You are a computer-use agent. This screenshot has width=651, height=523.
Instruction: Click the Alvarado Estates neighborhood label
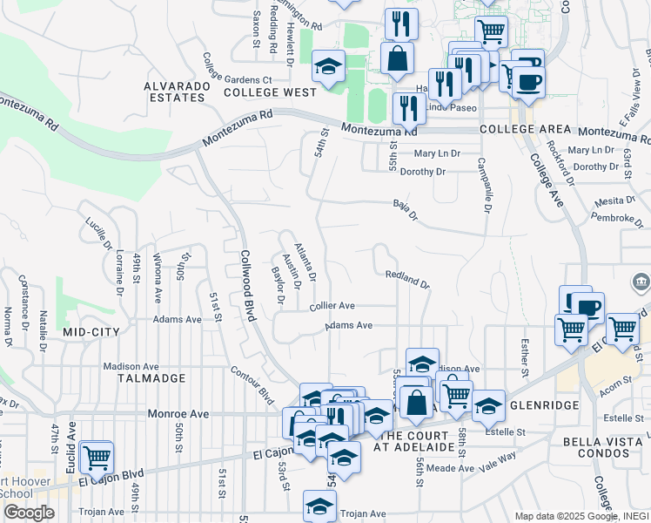(178, 92)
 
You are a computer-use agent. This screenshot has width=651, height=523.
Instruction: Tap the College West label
(270, 92)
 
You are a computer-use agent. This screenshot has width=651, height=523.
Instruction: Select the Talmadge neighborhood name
(155, 378)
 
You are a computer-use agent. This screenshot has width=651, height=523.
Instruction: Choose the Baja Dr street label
(406, 211)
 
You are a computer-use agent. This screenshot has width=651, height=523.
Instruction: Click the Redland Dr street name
(407, 280)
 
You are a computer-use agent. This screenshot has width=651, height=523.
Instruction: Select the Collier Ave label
(332, 306)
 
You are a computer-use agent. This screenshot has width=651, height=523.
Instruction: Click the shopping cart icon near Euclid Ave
(96, 456)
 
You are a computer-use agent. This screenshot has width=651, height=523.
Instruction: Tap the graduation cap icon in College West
(329, 66)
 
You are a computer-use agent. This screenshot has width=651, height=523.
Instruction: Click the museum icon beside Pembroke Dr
(641, 282)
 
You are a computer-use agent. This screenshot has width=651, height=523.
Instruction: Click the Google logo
(29, 513)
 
